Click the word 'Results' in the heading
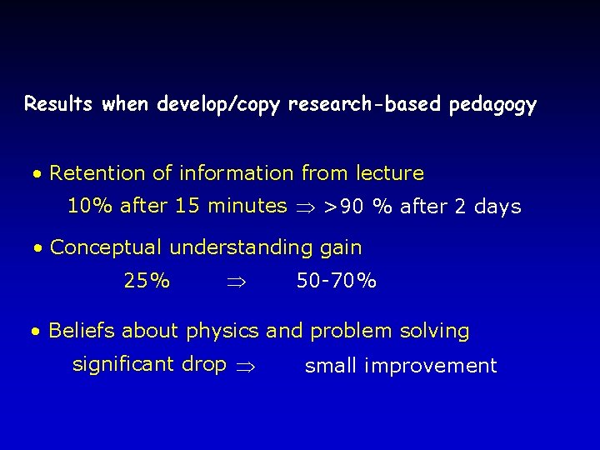point(59,105)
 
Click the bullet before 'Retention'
point(37,175)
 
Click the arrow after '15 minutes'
point(304,207)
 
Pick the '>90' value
point(342,207)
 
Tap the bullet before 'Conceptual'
point(38,249)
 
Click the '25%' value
point(147,281)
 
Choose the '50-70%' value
point(337,281)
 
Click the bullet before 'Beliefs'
point(37,332)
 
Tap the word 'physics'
point(223,331)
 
